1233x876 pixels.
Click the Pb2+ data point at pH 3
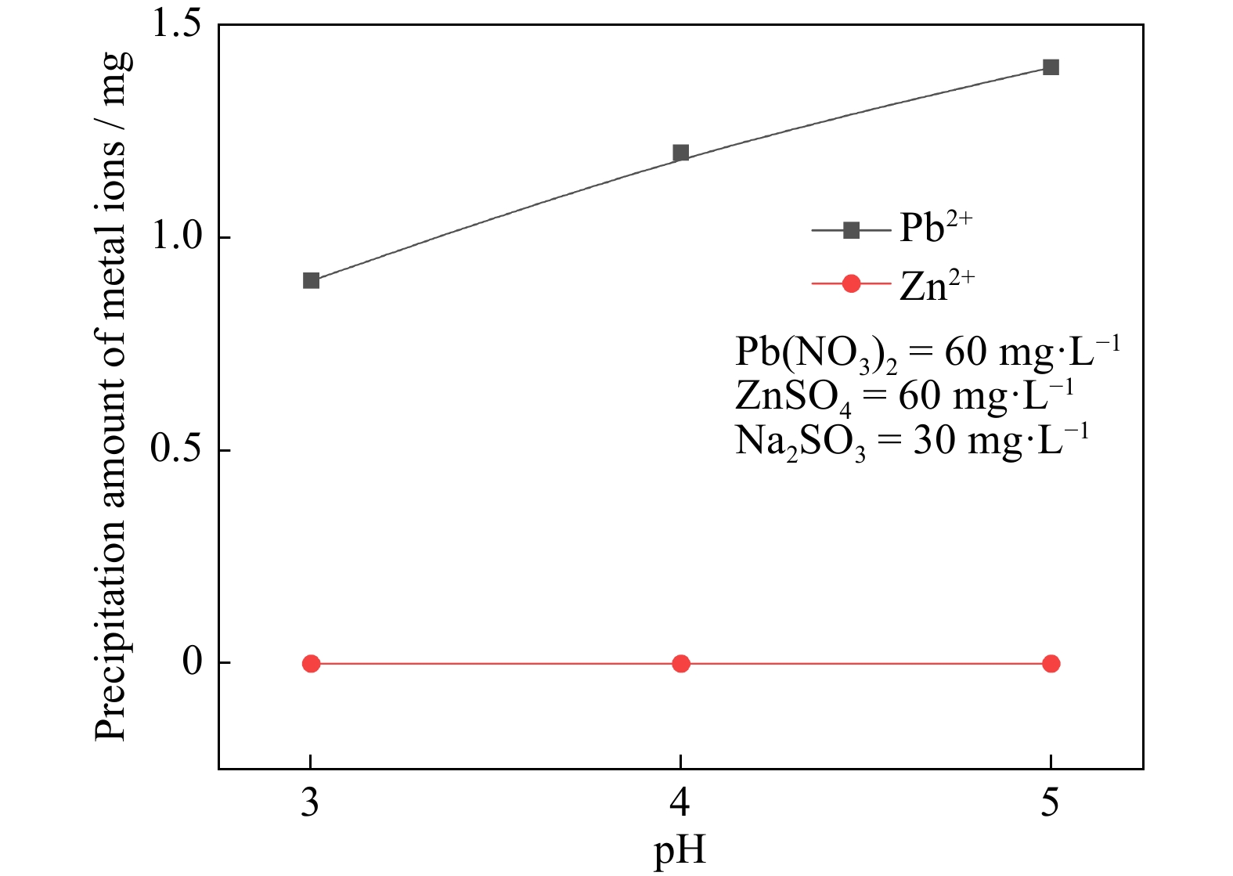tap(311, 280)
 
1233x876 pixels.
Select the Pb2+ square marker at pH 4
tap(681, 153)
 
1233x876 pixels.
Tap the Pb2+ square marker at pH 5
tap(1051, 67)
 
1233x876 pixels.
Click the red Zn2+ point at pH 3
tap(311, 664)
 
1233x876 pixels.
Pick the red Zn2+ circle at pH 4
tap(681, 664)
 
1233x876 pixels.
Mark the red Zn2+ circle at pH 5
tap(1051, 664)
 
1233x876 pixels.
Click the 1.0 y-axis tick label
tap(176, 236)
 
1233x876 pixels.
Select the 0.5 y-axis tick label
tap(176, 449)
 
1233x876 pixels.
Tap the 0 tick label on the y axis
tap(193, 662)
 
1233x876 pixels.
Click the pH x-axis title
tap(680, 851)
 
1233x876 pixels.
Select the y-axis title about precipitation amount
tap(111, 396)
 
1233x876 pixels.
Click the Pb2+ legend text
tap(936, 229)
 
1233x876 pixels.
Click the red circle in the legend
tap(851, 283)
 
